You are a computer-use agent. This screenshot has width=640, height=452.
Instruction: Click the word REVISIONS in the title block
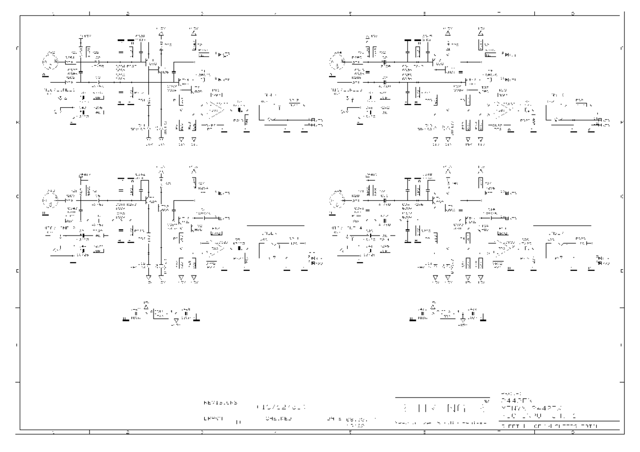pyautogui.click(x=220, y=403)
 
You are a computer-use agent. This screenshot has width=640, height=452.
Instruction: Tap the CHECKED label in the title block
pyautogui.click(x=278, y=419)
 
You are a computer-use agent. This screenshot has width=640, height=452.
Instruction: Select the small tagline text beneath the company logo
pyautogui.click(x=441, y=423)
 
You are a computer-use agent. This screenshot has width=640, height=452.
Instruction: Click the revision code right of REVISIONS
pyautogui.click(x=281, y=405)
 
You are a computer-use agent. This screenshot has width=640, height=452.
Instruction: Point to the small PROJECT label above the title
pyautogui.click(x=508, y=393)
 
